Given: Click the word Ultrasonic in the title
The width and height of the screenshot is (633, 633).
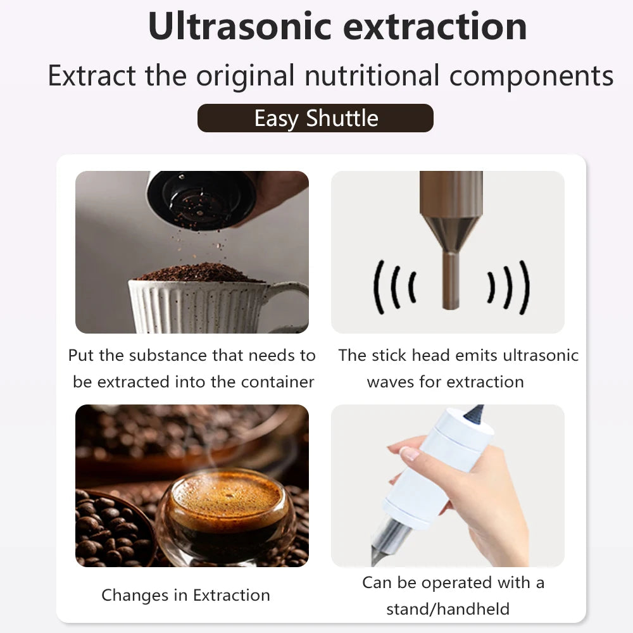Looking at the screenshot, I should click(242, 27).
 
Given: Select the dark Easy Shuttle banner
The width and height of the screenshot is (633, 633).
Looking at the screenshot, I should click(315, 118).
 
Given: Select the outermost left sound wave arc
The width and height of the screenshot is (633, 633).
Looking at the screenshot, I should click(378, 287).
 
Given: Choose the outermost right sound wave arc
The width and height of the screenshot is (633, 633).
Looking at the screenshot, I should click(524, 287).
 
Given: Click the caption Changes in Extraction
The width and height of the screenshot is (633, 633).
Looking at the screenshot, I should click(185, 596).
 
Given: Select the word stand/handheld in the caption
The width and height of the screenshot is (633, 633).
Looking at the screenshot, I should click(448, 609).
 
